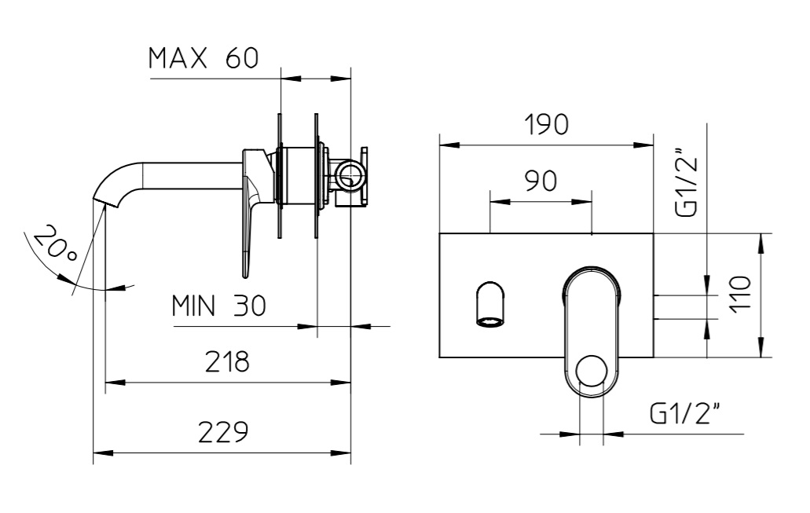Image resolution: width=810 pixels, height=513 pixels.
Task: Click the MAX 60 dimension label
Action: point(203,58)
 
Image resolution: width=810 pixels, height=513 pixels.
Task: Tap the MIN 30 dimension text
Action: point(218,306)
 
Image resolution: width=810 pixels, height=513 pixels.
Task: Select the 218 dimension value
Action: point(227,361)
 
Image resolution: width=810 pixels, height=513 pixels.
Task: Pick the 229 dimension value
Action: point(223,432)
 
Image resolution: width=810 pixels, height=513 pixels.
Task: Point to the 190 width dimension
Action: point(546,124)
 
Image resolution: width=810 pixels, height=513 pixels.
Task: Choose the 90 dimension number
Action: point(541,181)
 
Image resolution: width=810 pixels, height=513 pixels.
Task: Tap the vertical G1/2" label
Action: point(686,181)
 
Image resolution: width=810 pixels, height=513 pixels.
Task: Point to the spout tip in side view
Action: point(104,201)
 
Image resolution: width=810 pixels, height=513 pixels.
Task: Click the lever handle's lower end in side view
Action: point(246,269)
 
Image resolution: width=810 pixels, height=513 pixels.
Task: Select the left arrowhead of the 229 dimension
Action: point(103,453)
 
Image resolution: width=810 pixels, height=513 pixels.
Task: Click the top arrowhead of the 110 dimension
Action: point(761,244)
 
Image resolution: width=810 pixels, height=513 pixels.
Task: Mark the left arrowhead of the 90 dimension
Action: point(500,201)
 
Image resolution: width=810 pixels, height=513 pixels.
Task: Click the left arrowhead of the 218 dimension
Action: point(115,383)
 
